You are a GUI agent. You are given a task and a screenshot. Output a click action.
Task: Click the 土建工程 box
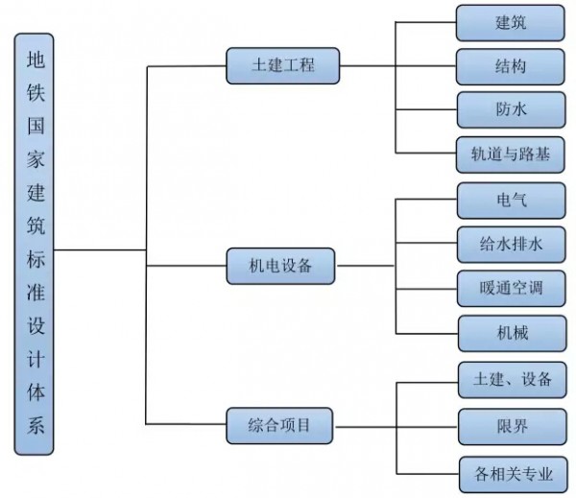coord(282,66)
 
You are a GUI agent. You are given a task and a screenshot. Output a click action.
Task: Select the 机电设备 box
coord(281,265)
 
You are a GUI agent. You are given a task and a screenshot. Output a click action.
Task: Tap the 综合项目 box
coord(281,423)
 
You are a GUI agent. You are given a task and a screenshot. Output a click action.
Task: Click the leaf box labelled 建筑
coord(510,23)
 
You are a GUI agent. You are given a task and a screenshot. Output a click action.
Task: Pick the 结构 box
coord(510,66)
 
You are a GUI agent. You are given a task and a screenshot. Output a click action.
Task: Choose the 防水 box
coord(510,109)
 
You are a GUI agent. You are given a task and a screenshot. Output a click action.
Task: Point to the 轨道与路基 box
coord(510,154)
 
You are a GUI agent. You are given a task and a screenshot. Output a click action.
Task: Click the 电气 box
coord(510,200)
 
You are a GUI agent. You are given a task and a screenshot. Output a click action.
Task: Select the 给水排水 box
coord(510,244)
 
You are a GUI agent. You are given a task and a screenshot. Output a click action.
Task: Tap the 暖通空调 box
coord(510,288)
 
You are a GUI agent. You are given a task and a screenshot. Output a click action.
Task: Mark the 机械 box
coord(510,332)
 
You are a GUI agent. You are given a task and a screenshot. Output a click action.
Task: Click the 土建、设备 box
coord(510,379)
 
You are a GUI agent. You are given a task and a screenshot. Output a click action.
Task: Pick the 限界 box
coord(510,424)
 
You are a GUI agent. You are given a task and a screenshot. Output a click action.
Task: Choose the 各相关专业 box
coord(510,472)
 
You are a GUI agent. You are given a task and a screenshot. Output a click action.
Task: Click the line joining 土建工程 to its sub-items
coord(368,66)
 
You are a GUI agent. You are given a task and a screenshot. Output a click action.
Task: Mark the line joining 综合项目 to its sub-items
coord(367,423)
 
